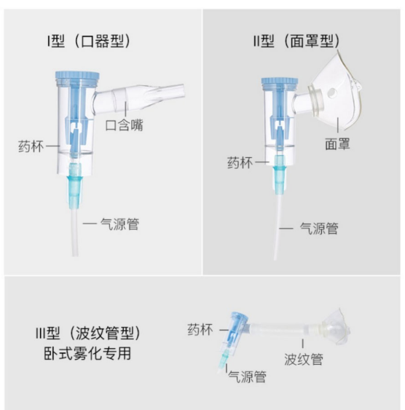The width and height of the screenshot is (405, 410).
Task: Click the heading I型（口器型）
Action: (89, 41)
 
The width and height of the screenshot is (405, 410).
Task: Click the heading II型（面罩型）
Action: (296, 41)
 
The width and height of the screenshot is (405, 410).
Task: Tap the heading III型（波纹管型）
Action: (88, 334)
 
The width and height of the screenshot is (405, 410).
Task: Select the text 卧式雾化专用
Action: (87, 353)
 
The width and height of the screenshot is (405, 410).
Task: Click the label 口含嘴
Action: (124, 125)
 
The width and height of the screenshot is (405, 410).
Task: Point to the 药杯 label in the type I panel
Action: (31, 146)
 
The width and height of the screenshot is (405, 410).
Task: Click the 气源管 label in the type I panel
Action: (119, 224)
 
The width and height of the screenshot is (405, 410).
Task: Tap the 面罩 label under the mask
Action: (337, 144)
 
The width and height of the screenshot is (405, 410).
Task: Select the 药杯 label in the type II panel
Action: (240, 162)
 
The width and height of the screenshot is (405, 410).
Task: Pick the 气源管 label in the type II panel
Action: (319, 229)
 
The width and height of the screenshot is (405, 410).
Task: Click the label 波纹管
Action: (304, 359)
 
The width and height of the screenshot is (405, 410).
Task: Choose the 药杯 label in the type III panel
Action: (200, 329)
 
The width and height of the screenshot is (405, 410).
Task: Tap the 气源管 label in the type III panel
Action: (247, 377)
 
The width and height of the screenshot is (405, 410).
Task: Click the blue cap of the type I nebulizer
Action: (77, 76)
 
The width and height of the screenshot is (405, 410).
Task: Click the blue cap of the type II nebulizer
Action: (280, 82)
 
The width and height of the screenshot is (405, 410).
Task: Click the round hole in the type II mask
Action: (332, 92)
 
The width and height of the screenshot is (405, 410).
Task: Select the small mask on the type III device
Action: (335, 326)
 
